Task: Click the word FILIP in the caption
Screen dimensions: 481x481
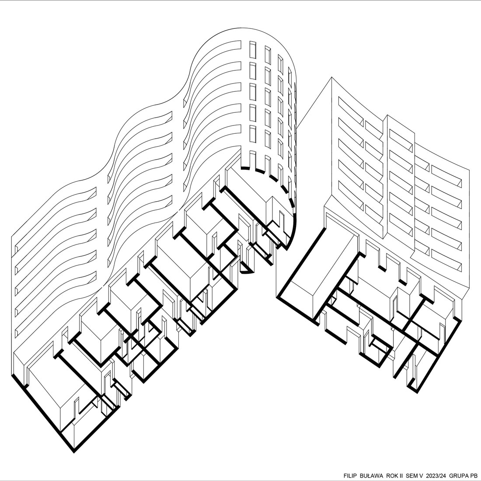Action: click(350, 476)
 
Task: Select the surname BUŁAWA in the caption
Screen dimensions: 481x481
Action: click(372, 476)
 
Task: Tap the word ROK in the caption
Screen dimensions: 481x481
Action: click(393, 476)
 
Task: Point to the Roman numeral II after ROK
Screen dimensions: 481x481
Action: click(401, 476)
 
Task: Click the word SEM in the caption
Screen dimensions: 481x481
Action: click(411, 476)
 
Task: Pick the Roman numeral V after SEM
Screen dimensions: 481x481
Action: click(421, 476)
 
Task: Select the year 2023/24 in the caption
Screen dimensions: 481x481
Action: click(436, 476)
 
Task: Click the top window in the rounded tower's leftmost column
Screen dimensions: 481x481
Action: click(253, 50)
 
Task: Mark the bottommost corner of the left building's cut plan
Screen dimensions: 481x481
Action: click(74, 452)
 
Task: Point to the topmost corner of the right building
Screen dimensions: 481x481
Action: click(331, 77)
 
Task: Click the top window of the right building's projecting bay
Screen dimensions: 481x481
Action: click(401, 140)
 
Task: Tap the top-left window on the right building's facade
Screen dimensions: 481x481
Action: click(351, 108)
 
